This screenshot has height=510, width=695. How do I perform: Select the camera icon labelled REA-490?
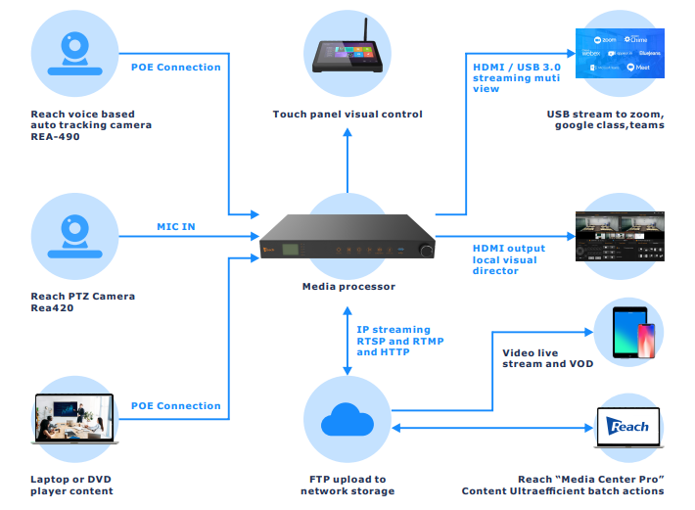coord(74,54)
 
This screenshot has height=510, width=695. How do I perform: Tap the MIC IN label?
coord(176,227)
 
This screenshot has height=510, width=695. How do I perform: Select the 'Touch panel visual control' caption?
coord(347,115)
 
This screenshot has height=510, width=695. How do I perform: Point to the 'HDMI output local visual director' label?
coord(510,259)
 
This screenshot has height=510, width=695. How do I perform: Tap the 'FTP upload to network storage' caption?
coord(347,486)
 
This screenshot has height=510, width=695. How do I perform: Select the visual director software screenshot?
coord(623,236)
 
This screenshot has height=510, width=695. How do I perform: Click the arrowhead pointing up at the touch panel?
coord(347,133)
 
